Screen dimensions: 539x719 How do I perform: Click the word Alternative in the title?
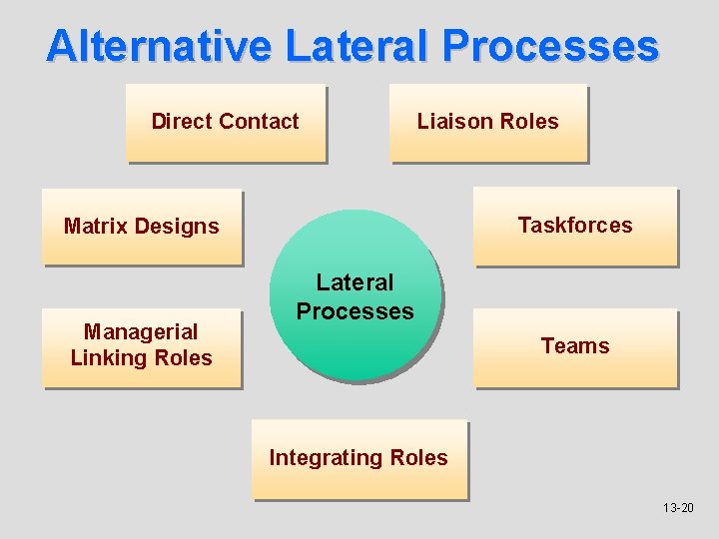pos(159,46)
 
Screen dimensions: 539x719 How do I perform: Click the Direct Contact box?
pos(226,123)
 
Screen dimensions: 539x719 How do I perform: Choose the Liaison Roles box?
pos(488,123)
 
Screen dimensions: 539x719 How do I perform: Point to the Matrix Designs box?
pos(142,227)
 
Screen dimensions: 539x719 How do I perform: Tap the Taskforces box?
pos(575,226)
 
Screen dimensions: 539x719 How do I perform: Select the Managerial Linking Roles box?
pos(142,345)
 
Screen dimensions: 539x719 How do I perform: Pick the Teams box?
pos(575,346)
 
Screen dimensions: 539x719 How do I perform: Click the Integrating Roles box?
pos(359,458)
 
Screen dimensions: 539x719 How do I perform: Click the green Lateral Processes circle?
pos(356,296)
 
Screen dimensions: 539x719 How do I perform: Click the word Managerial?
pos(142,331)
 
